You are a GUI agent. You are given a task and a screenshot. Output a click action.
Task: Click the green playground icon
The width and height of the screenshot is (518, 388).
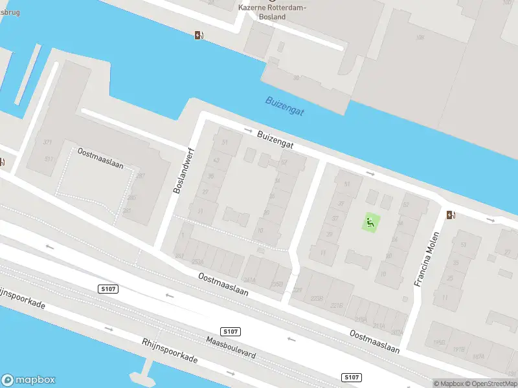pos(370,224)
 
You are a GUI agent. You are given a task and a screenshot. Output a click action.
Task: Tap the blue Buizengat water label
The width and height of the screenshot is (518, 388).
pos(284,106)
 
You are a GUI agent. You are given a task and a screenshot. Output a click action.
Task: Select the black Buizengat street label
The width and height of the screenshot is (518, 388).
pos(275,141)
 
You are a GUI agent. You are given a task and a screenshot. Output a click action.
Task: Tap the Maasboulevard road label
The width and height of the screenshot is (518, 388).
pos(232,347)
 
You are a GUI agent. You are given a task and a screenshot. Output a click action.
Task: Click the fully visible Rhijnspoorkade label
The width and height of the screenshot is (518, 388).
pos(170,352)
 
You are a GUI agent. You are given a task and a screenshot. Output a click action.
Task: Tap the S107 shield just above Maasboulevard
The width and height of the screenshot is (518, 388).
pos(231,331)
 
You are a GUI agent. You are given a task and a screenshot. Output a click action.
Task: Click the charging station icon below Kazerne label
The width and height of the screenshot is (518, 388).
pos(199,35)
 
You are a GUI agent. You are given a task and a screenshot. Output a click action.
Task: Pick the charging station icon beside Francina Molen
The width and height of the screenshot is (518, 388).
pos(451,215)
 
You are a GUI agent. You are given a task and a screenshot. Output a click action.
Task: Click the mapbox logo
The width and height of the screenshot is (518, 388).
pos(28,380)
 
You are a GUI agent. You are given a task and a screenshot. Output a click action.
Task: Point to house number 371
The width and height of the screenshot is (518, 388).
pos(48,142)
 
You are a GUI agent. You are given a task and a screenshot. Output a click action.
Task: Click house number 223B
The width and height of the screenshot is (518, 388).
pos(317,298)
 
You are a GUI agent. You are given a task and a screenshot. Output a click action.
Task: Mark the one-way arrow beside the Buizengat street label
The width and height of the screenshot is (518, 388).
pos(249,131)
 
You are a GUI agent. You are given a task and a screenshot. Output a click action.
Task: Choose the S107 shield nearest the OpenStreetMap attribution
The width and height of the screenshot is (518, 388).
pos(350,377)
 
